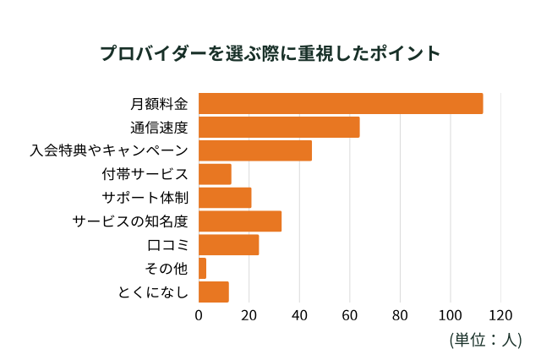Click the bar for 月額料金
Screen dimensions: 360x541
(341, 103)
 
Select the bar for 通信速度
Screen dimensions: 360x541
(279, 127)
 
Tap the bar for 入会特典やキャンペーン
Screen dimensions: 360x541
(255, 150)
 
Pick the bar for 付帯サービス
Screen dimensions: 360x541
(215, 174)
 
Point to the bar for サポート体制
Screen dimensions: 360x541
(225, 198)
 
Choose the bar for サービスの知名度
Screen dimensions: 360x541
(240, 221)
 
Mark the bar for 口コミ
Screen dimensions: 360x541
(228, 245)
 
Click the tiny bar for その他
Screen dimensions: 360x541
(202, 269)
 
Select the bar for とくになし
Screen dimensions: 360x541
(214, 292)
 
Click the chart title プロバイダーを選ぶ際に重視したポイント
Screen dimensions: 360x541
(270, 53)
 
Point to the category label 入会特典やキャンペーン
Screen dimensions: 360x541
(108, 151)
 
